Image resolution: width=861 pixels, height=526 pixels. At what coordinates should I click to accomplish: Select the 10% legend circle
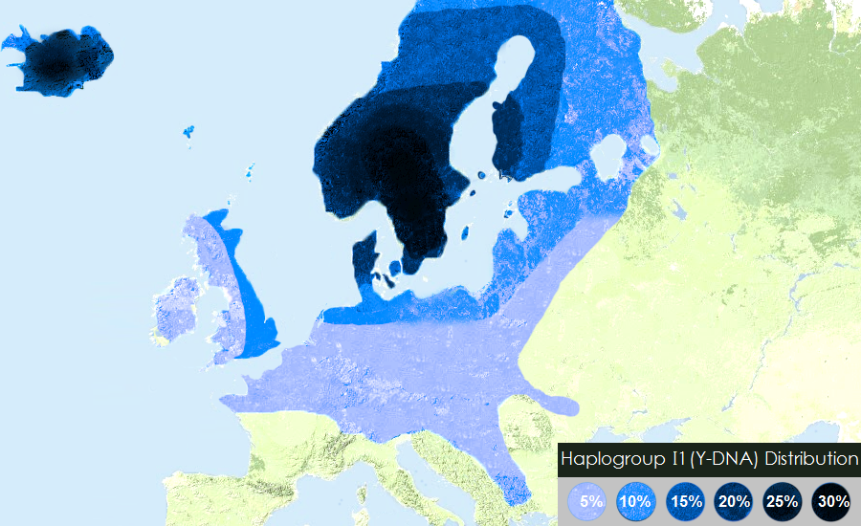(635, 500)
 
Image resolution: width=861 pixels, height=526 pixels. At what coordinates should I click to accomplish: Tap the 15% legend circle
(685, 500)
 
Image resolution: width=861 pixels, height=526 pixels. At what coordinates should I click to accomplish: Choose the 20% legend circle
(734, 500)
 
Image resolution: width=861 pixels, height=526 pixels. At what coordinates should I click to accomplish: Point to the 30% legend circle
(832, 500)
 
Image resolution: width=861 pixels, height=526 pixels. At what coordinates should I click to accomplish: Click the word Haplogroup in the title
(603, 459)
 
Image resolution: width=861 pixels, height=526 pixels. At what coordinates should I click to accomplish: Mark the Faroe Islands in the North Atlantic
(188, 131)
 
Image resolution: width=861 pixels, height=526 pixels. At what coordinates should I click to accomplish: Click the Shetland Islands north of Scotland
(251, 171)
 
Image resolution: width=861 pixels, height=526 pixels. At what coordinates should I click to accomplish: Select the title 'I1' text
(661, 459)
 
